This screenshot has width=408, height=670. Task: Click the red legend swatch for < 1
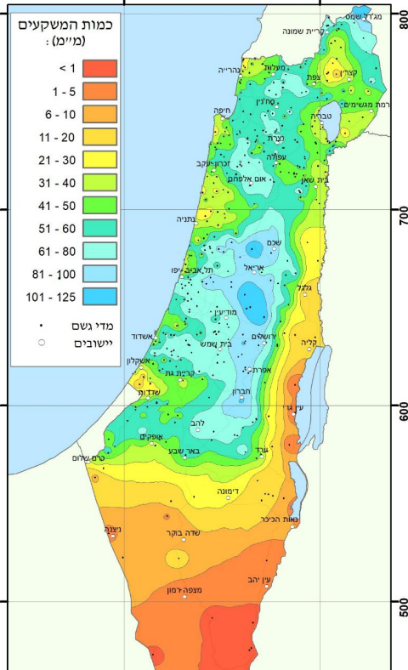click(x=99, y=67)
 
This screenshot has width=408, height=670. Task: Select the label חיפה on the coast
click(x=224, y=111)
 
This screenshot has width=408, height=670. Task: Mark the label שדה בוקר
click(x=183, y=532)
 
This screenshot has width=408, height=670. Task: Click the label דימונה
click(x=225, y=491)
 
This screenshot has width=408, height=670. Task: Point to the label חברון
click(x=245, y=392)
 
